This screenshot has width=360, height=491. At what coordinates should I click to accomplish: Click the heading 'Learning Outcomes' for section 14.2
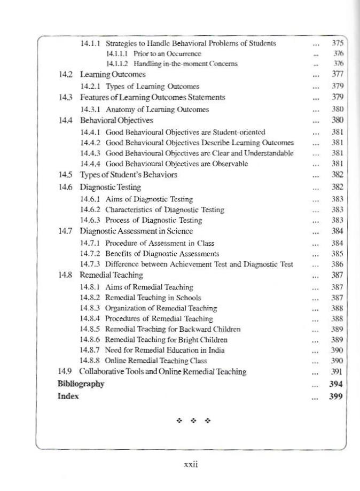pos(113,74)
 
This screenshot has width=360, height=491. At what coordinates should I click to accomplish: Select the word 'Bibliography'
pos(81,384)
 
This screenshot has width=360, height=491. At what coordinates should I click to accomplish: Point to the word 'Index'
pos(68,396)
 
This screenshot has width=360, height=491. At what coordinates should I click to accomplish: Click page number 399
pos(336,396)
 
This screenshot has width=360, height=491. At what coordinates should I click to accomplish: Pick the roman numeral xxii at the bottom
pos(191,465)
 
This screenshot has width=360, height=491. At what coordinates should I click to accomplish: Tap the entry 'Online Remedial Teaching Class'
pos(155,361)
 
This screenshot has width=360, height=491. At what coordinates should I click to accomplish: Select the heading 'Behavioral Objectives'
pos(116,120)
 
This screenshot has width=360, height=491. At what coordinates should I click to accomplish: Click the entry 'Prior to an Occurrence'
pos(153,54)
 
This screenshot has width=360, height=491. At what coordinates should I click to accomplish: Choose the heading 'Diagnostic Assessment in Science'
pos(136,231)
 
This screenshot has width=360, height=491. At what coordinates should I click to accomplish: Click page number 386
pos(337,264)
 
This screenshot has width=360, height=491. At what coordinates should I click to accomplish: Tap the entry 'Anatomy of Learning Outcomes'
pos(157,110)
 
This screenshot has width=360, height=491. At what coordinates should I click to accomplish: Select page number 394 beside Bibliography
pos(336,384)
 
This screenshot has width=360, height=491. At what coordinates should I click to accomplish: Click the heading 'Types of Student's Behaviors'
pos(129,175)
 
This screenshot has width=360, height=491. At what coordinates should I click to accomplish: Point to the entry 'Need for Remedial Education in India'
pos(165,350)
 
